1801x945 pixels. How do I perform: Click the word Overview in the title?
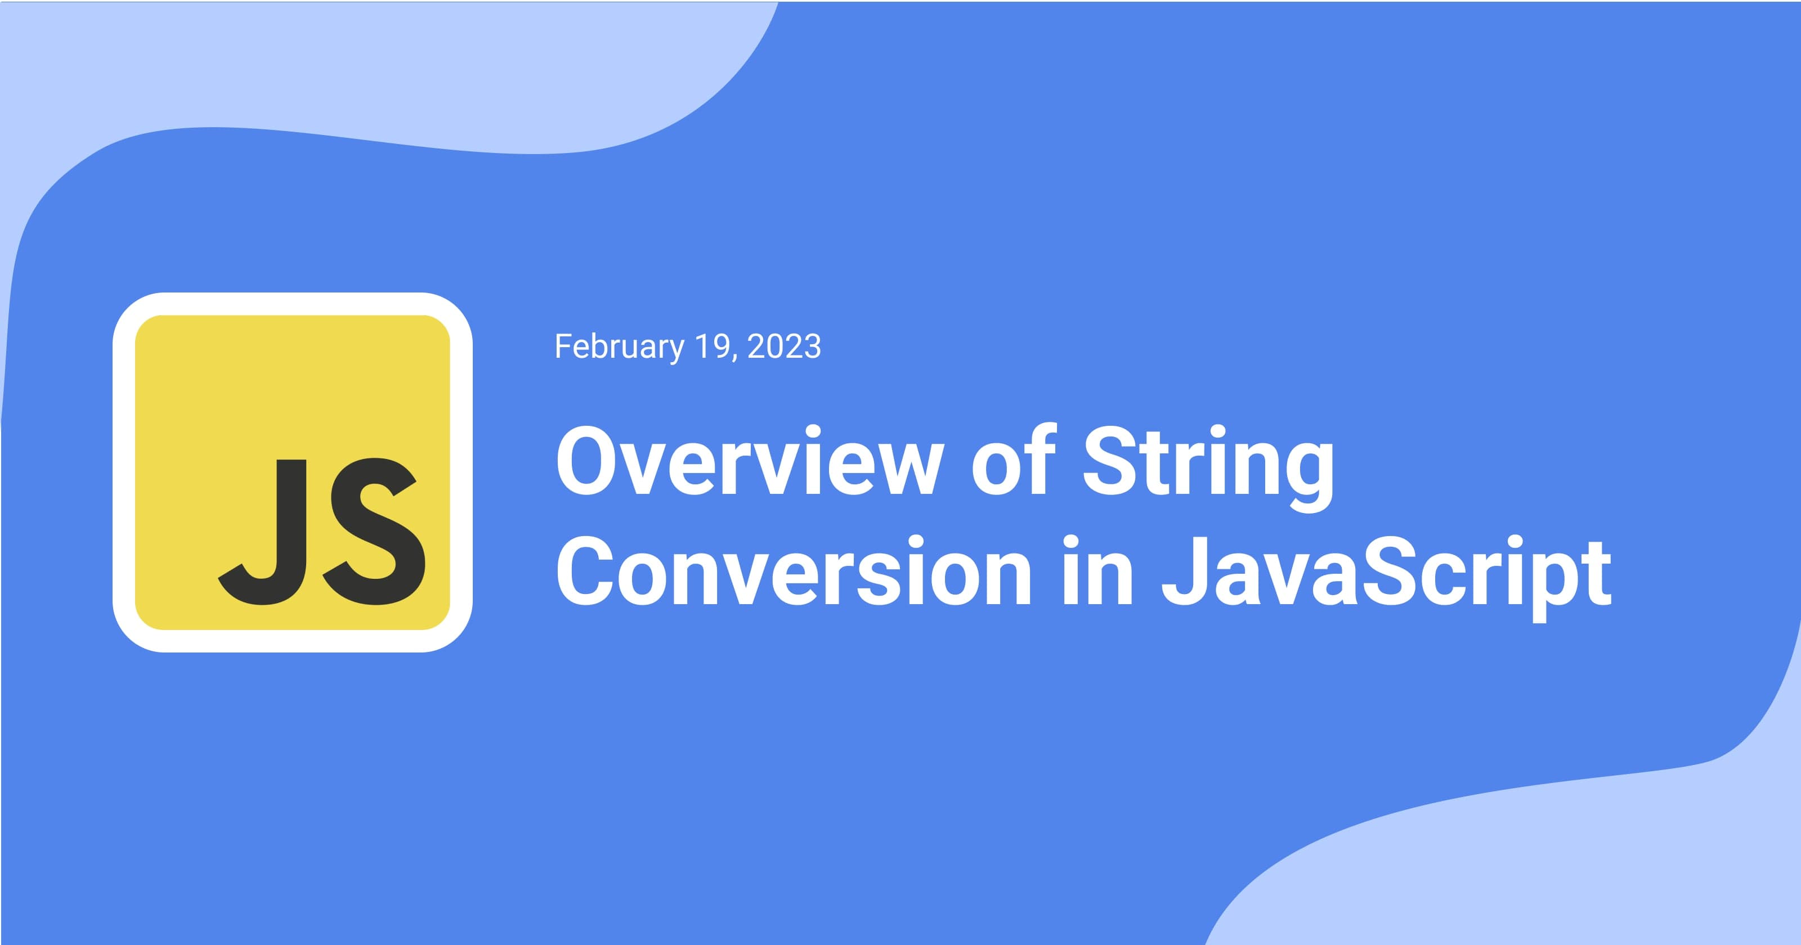745,463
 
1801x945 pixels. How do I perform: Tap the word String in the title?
1208,463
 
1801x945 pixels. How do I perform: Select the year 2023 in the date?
784,346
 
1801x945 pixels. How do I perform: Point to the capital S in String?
1112,463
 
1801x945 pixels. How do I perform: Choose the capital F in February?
562,346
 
